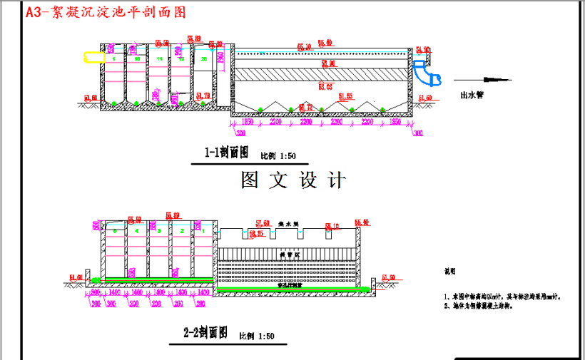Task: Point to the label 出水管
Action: [472, 95]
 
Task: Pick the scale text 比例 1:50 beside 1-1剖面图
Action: [278, 155]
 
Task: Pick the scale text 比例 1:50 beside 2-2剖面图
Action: [256, 335]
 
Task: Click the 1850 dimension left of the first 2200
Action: [248, 123]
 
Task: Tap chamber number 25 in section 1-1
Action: [204, 58]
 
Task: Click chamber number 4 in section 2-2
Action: [136, 232]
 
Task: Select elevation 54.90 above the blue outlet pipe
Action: [422, 49]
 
